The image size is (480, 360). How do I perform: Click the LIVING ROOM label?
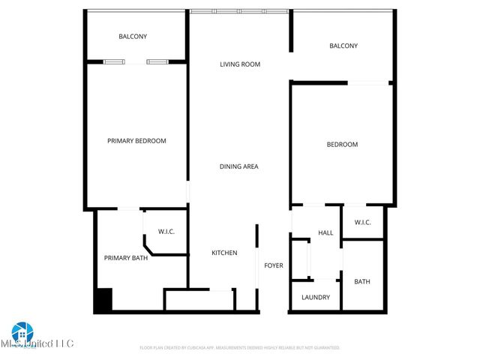pos(240,64)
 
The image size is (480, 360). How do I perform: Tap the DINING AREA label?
pos(238,166)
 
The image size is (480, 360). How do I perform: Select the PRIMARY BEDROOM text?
pos(136,141)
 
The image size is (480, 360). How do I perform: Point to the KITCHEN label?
pos(224,253)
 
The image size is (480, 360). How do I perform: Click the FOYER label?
pos(273,265)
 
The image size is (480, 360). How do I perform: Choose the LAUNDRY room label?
pos(316,297)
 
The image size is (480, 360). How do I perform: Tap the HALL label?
pos(325,233)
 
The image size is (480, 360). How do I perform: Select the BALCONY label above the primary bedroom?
pos(133,37)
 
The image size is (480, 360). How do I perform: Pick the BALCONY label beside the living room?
pos(343,46)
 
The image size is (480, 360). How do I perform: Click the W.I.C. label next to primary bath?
pos(166,231)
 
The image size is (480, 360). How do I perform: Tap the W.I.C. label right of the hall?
pos(362,222)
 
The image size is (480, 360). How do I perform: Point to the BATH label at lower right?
pos(362,282)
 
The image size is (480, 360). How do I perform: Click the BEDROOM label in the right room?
pos(342,145)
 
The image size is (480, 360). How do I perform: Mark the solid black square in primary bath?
pos(102,300)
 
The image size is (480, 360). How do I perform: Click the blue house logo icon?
pos(22,331)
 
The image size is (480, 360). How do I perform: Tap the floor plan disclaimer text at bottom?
pos(240,348)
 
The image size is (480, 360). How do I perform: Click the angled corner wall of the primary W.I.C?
pos(147,247)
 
